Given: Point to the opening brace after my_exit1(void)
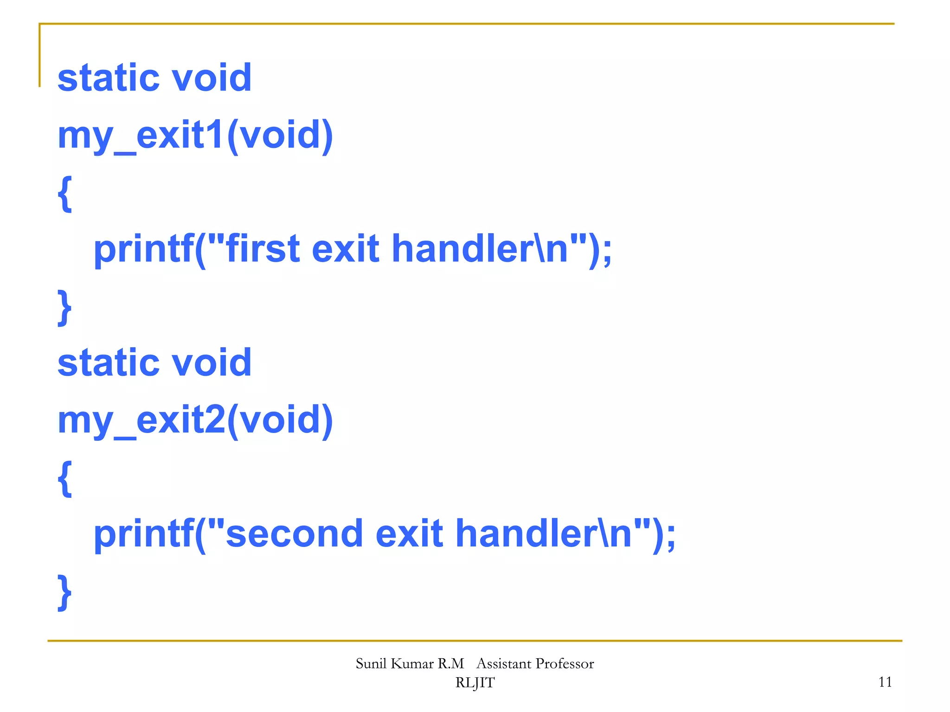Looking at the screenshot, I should [x=65, y=194].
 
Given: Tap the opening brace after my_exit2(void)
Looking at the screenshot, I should [x=65, y=478].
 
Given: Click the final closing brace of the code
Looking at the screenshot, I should [x=65, y=592].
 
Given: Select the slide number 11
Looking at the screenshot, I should [x=885, y=682].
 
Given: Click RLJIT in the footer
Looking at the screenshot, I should [x=475, y=683].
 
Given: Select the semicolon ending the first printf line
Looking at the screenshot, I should [x=607, y=253].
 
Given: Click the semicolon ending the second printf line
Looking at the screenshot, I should [x=671, y=537].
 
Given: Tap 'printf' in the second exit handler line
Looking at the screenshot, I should [x=144, y=534].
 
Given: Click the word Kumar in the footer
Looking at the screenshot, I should [x=412, y=664].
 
